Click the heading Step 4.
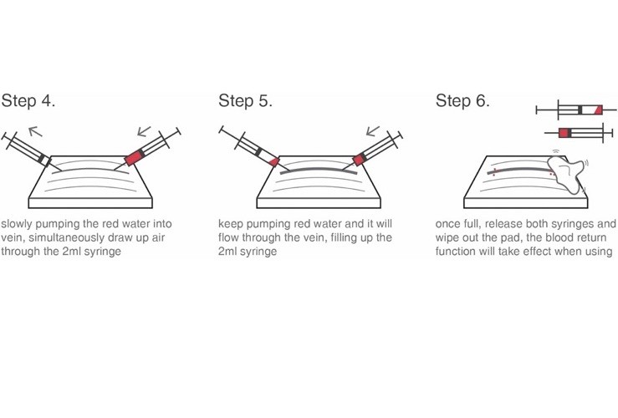28,101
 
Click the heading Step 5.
245,101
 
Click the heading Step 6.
462,101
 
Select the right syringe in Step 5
373,149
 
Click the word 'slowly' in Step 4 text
17,225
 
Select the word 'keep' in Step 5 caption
231,225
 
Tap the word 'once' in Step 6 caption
449,225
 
